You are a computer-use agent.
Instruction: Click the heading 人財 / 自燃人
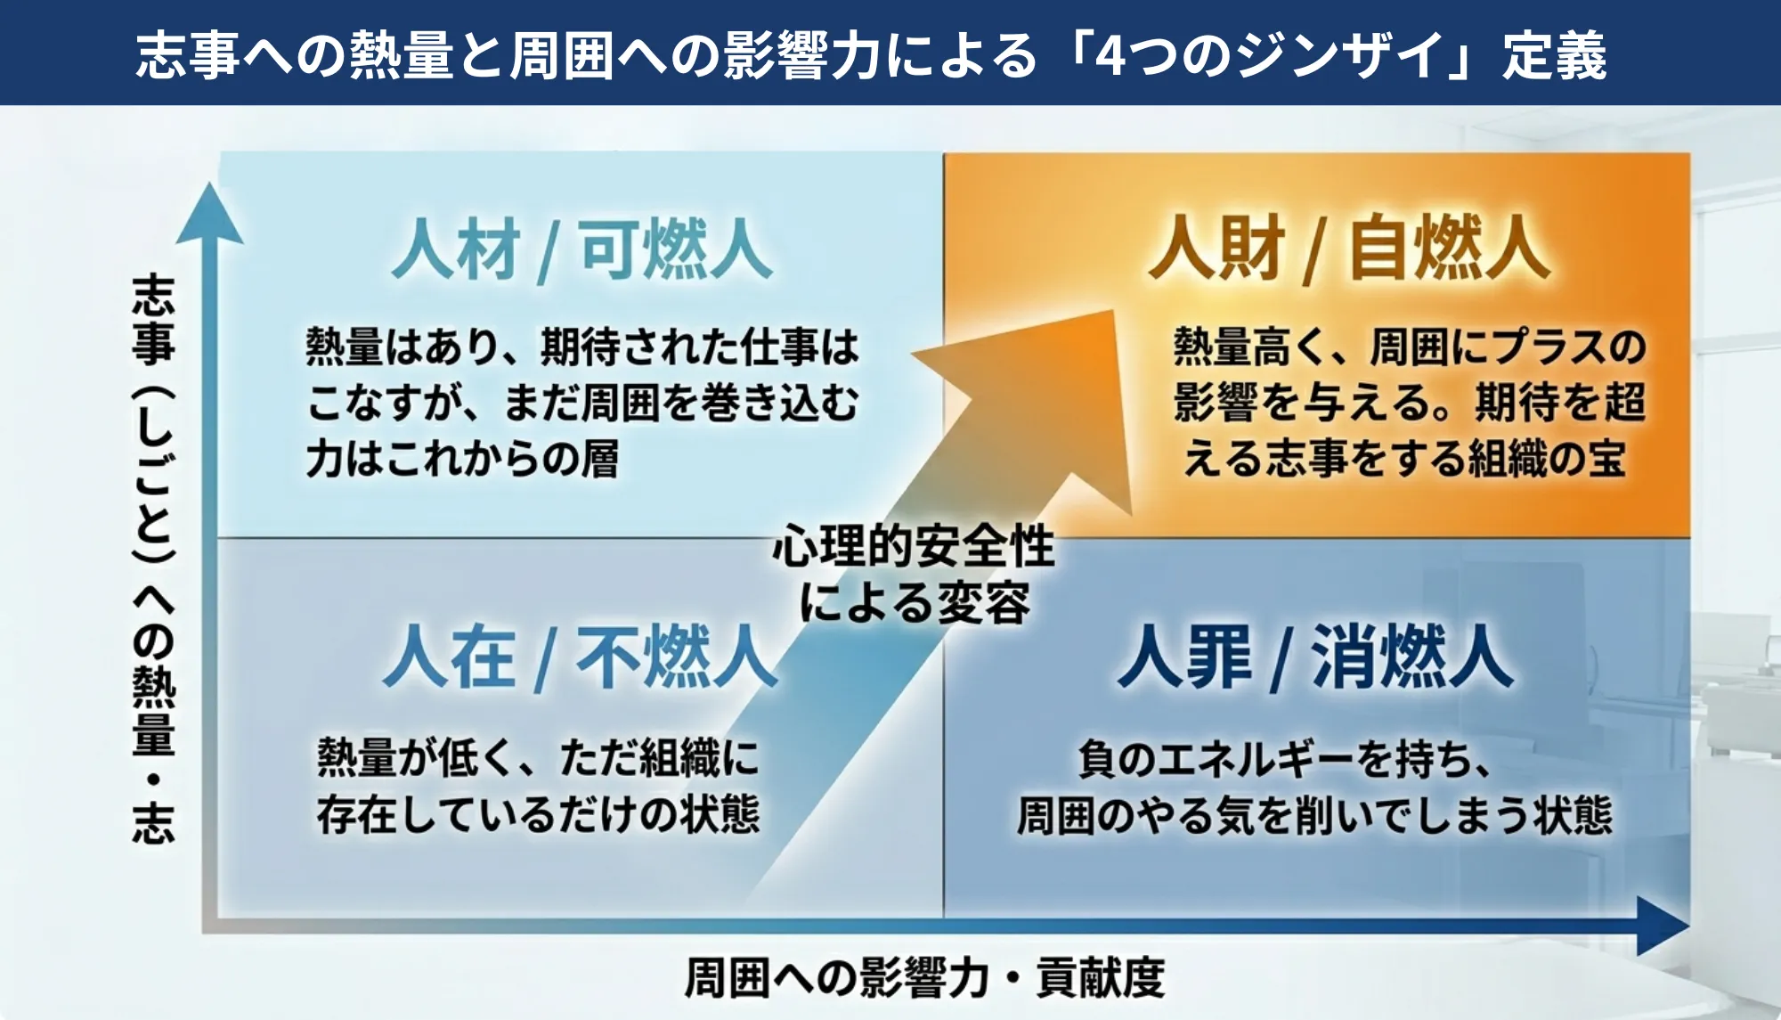1348,249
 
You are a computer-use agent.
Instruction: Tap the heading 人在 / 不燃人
581,657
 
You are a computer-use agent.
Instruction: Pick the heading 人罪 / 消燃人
1316,657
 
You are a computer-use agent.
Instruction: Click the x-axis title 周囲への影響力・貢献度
924,978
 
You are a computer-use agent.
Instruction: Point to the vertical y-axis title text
154,559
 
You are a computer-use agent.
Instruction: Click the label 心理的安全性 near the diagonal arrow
914,546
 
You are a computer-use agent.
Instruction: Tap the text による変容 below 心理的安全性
914,603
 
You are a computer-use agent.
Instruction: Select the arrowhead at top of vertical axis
209,214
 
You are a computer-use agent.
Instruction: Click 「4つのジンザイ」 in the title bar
1273,55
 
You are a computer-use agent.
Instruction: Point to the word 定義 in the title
1555,55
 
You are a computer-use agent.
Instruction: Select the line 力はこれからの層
462,459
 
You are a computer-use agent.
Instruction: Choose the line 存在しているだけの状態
538,814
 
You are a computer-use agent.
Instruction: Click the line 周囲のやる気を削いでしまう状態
1314,814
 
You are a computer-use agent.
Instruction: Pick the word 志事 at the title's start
188,55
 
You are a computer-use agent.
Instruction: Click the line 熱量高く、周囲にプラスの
1409,347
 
